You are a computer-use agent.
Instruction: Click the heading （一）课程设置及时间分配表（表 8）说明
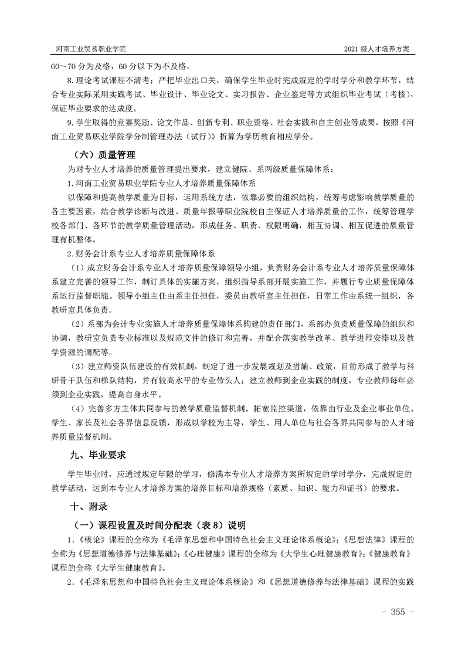(158, 524)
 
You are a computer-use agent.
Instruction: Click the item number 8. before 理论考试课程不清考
(71, 79)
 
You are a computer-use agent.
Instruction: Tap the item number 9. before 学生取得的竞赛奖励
(71, 123)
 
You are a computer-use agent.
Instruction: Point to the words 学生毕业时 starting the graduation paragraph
(87, 473)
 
